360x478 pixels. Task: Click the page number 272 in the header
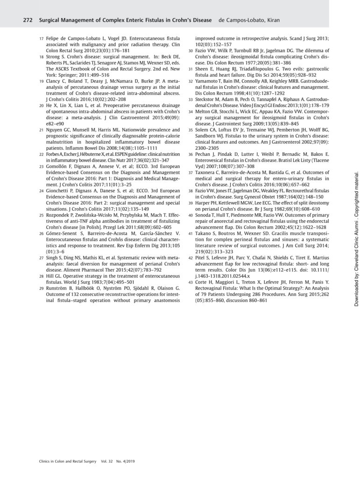click(x=28, y=21)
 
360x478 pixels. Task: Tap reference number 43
click(x=191, y=295)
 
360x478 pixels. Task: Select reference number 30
click(x=191, y=50)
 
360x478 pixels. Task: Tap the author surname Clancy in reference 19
click(x=54, y=80)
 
